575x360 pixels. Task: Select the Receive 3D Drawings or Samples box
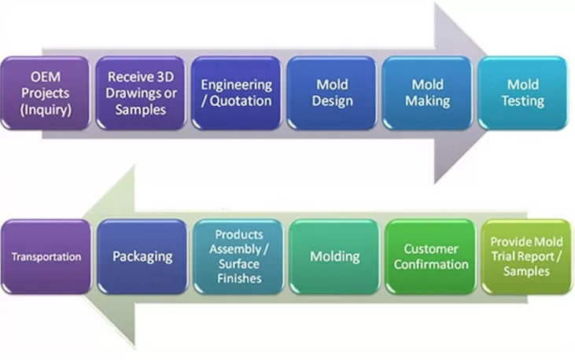point(142,93)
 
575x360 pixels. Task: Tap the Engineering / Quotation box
point(236,93)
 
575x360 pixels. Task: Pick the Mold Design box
point(332,93)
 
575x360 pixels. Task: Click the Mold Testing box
point(523,93)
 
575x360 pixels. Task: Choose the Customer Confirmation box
point(430,256)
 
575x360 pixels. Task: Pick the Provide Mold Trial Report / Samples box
point(526,256)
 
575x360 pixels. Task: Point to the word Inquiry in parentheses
point(45,108)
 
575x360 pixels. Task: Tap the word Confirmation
point(430,264)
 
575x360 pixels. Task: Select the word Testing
point(523,101)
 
